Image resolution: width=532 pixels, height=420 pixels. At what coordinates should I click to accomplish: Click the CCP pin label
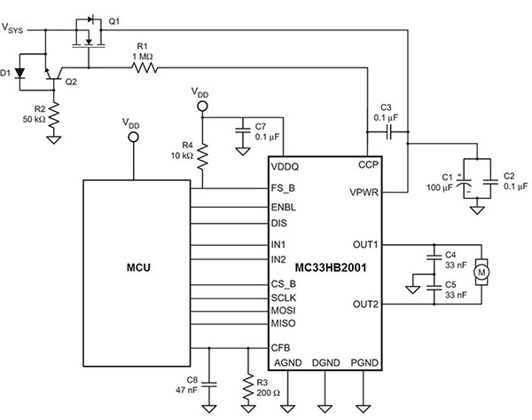click(x=369, y=164)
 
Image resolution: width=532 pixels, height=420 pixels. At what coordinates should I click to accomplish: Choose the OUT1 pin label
click(x=364, y=243)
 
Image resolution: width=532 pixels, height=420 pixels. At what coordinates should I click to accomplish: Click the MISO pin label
click(x=285, y=324)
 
